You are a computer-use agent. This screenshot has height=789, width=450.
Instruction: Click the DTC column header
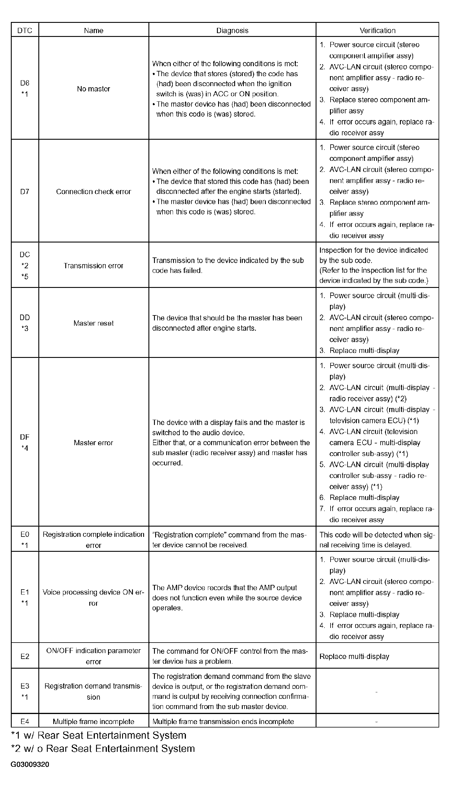point(25,30)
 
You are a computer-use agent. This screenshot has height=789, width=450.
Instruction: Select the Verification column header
point(377,30)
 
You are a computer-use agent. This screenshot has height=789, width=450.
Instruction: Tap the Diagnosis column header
point(232,30)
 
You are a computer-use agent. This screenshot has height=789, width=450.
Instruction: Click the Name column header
point(93,30)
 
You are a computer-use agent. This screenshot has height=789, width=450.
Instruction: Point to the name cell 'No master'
point(93,89)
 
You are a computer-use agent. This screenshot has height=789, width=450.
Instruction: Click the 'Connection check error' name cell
point(93,191)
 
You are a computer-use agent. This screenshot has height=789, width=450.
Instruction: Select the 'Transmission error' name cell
point(93,266)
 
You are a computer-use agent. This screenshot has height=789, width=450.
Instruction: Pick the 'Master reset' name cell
point(93,323)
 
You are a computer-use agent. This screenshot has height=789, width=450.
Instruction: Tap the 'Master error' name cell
point(93,443)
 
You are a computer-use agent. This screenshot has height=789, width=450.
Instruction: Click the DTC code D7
point(25,192)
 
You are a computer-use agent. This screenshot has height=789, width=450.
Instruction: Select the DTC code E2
point(25,656)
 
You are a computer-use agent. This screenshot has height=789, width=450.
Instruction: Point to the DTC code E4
point(25,721)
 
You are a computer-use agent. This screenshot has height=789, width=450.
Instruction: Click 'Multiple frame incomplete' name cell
point(93,721)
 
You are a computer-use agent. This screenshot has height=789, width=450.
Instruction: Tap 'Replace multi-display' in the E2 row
point(354,656)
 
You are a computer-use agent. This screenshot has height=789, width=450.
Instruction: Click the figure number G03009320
point(30,764)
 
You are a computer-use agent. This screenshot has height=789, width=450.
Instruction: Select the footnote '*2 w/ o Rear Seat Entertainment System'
point(103,748)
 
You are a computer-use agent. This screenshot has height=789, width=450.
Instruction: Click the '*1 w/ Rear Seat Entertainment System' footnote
point(99,735)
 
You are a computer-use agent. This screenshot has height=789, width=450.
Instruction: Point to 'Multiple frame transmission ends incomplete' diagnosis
point(223,721)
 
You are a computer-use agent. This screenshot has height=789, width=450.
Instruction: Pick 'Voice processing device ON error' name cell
point(93,597)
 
